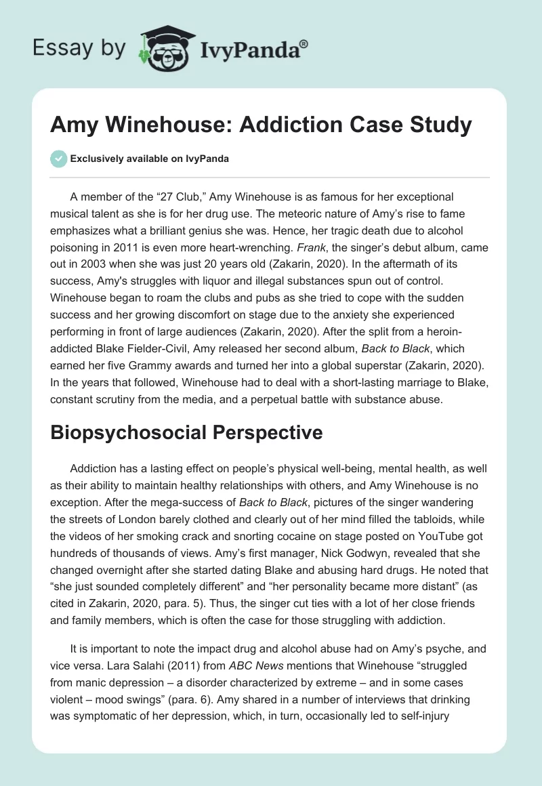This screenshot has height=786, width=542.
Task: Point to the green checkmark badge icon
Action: coord(60,159)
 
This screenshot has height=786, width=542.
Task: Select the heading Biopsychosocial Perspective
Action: coord(186,434)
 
